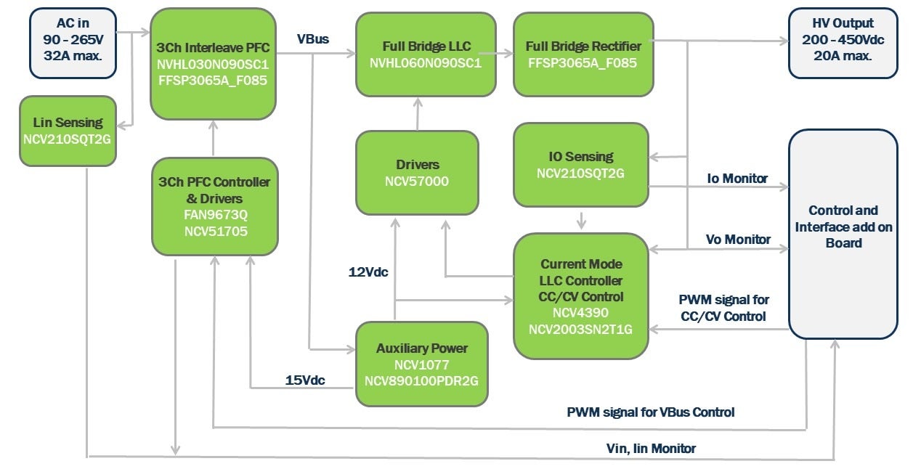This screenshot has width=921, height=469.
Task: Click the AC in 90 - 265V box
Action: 73,43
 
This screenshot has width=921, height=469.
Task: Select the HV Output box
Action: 843,43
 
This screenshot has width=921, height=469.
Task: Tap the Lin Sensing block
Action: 68,131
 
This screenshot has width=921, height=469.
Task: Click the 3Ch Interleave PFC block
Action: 213,63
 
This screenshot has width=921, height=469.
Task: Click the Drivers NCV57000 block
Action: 417,173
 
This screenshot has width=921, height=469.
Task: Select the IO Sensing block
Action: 580,165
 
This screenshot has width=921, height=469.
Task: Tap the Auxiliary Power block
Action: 421,364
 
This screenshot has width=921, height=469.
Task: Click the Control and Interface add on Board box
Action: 843,234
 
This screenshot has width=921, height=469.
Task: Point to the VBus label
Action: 313,39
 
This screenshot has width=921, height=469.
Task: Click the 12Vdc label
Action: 368,272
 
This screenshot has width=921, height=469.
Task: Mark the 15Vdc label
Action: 305,380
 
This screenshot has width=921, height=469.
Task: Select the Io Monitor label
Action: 737,179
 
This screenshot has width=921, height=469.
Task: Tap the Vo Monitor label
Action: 738,240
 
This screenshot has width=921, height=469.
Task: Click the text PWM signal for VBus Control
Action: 651,412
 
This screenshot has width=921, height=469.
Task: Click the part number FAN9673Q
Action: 214,216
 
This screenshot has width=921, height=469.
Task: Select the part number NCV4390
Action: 581,313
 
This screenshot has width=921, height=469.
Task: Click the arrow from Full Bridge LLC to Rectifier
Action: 498,54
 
